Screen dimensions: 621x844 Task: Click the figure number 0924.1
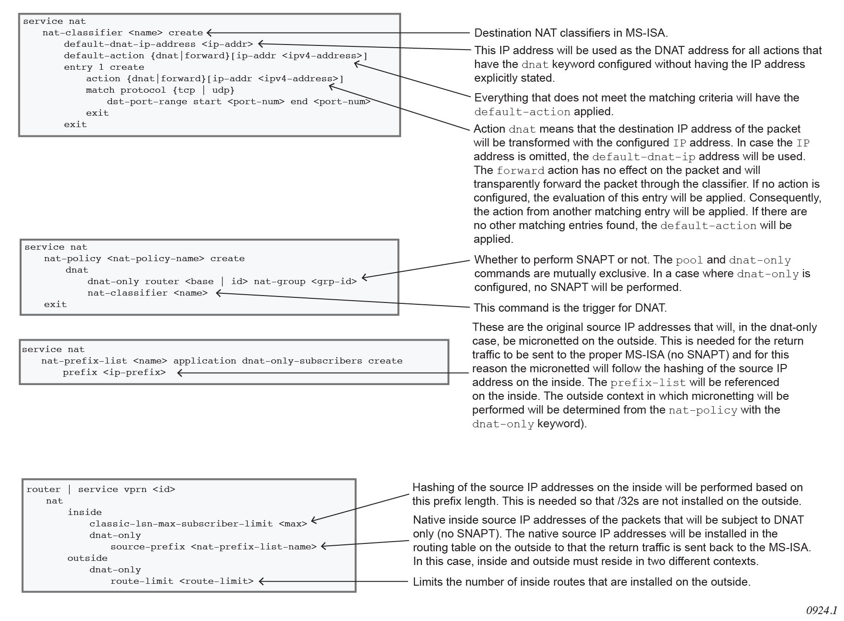click(821, 610)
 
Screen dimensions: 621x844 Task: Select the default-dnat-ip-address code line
click(158, 44)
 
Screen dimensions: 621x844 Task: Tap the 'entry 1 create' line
click(104, 67)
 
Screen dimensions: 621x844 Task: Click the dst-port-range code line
click(239, 101)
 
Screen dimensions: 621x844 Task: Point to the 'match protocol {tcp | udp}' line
click(160, 90)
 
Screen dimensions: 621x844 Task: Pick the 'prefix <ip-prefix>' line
click(114, 372)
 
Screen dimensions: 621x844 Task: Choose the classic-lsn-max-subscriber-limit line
click(198, 524)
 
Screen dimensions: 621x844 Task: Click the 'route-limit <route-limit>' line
click(182, 581)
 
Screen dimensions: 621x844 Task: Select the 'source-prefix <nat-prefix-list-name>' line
click(213, 547)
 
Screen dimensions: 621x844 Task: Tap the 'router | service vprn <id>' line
click(101, 489)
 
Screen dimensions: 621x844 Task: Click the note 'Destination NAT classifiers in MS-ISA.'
click(571, 33)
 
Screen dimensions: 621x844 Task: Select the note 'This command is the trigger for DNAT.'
click(570, 308)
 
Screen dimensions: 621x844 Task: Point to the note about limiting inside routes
click(581, 582)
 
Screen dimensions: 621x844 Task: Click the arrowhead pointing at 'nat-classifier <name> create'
click(209, 33)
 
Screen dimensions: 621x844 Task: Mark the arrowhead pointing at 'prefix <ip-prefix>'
click(180, 373)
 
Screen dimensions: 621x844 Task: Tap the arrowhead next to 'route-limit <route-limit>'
click(262, 582)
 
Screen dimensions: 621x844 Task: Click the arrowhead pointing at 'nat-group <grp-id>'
click(364, 277)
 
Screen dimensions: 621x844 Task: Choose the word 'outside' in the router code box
click(87, 558)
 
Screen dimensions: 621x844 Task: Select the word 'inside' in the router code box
click(84, 512)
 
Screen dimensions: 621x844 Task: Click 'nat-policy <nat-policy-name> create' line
click(144, 258)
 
